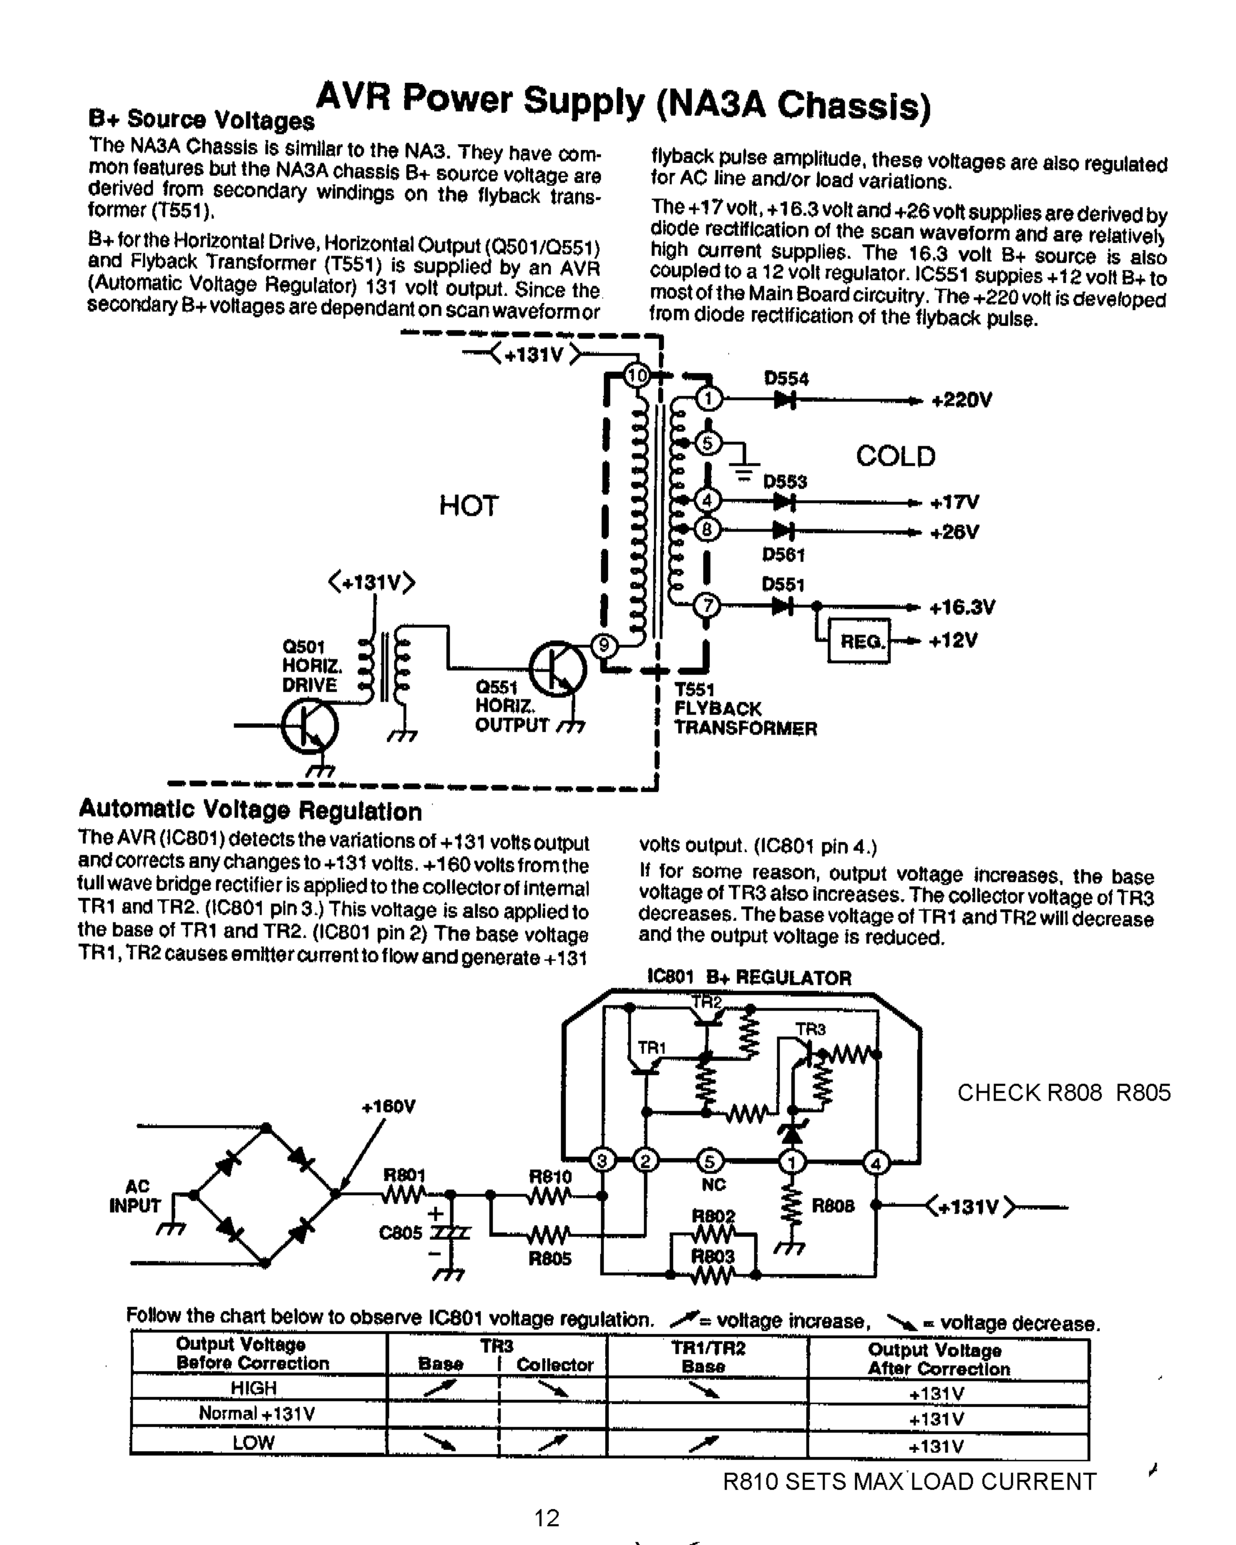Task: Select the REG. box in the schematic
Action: (x=859, y=640)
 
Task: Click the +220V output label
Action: (x=961, y=400)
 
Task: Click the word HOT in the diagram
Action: (x=468, y=507)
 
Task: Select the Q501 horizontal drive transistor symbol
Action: (x=309, y=726)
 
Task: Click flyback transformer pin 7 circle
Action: (x=707, y=606)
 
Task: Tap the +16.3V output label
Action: (x=961, y=608)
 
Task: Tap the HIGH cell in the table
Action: (x=253, y=1388)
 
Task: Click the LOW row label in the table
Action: (x=253, y=1443)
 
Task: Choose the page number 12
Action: (x=546, y=1518)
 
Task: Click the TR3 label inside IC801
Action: (x=810, y=1030)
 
